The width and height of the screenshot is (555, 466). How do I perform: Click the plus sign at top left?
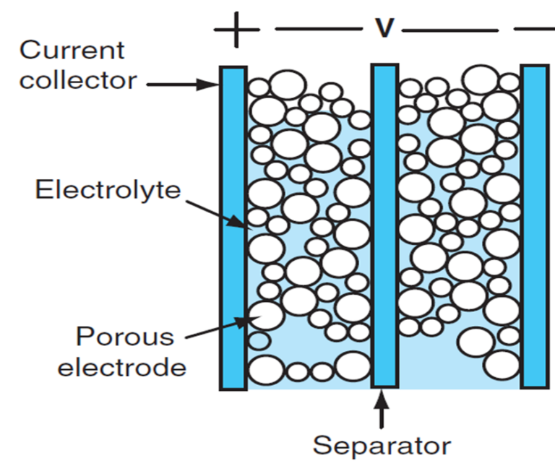coord(236,30)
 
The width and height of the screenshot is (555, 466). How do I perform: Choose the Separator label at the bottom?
coord(382,445)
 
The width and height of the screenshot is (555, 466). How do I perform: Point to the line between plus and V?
coord(318,30)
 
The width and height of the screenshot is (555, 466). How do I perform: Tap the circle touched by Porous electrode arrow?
coord(265,316)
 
